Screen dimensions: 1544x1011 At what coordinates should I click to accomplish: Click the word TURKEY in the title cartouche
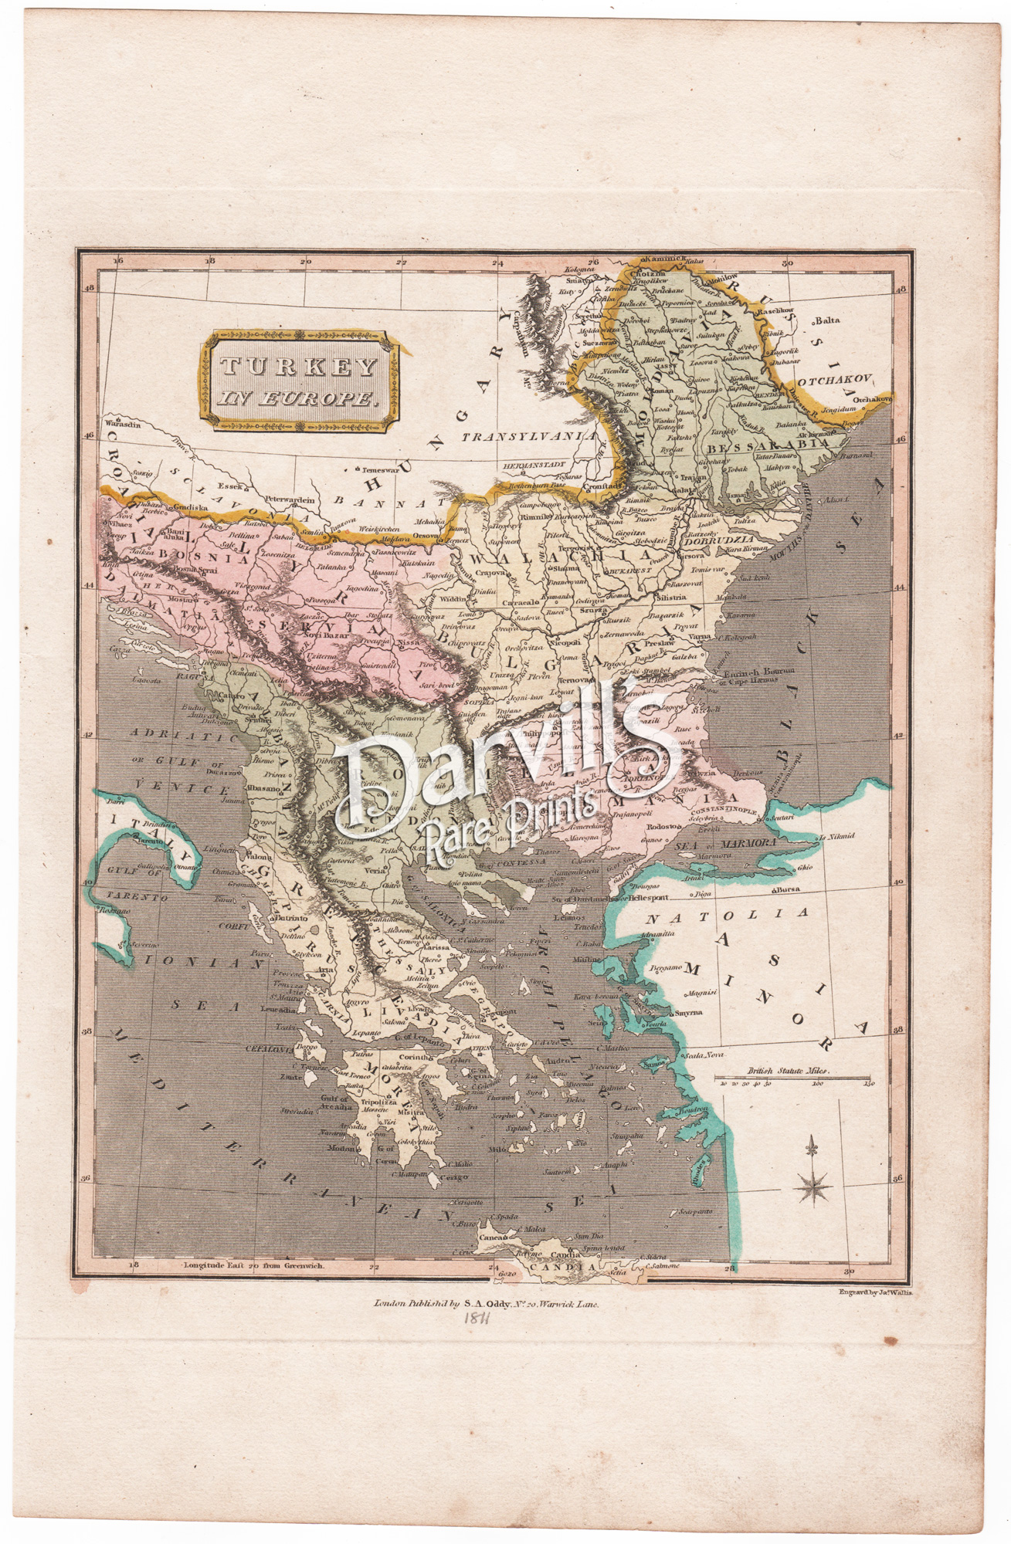pos(297,369)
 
